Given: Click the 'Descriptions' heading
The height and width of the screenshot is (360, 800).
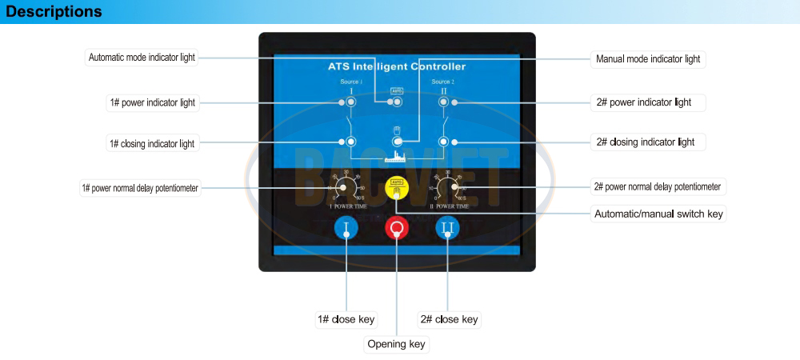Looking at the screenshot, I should tap(54, 12).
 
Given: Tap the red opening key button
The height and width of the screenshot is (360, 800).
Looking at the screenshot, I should tap(397, 228).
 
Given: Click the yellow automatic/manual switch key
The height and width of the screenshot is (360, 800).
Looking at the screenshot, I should tap(397, 187).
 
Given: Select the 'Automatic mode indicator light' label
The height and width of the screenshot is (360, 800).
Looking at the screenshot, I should tap(141, 58).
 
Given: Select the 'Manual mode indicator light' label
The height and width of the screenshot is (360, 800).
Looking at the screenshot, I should tap(648, 59).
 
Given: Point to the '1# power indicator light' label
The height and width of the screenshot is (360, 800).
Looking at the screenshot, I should tap(152, 102).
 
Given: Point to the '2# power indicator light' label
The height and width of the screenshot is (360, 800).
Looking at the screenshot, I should tap(643, 102).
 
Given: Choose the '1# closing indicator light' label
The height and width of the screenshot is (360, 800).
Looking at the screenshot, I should tap(152, 144).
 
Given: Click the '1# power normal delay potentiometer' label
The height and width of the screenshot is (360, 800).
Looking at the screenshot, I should tap(140, 188).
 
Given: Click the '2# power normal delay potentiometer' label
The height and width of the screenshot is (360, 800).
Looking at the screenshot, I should tap(658, 187).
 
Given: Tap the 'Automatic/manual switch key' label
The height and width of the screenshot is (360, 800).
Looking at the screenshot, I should tap(658, 214).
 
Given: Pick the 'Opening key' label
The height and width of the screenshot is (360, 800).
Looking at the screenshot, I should tap(396, 345).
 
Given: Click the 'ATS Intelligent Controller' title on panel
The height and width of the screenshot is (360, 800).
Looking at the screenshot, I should tap(397, 66).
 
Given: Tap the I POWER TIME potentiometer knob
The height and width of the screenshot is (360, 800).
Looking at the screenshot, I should tap(346, 188).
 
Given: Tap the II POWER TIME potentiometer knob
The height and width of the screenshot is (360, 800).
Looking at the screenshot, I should tap(454, 188).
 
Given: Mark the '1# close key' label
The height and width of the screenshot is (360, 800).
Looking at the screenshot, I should tap(346, 319).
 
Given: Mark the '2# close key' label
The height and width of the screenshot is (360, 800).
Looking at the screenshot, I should tap(449, 319).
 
